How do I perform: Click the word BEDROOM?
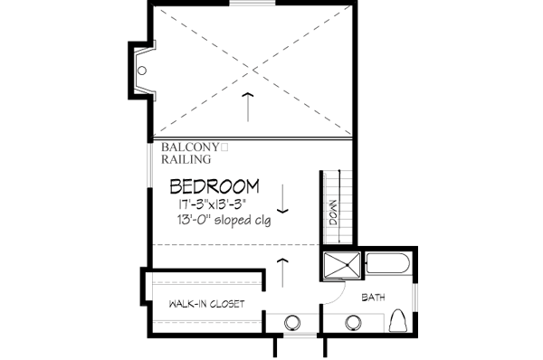pos(214,187)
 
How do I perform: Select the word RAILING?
pos(187,159)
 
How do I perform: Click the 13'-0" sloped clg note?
pos(224,220)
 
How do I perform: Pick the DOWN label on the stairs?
pos(332,212)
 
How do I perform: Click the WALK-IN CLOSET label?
pos(206,304)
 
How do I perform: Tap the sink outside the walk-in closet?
pos(294,321)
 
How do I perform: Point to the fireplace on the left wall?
pos(140,71)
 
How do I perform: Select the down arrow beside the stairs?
pos(283,195)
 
